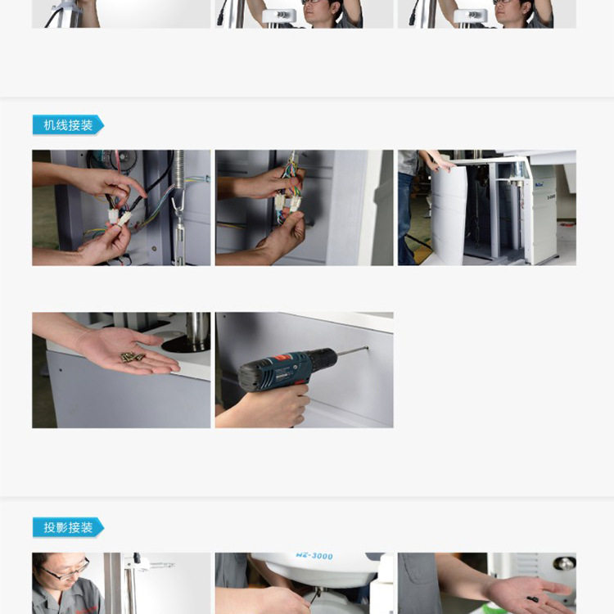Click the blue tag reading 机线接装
coord(68,125)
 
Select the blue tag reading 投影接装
coord(68,527)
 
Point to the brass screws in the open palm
coord(133,357)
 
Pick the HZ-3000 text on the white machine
coord(314,556)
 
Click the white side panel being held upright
coord(448,216)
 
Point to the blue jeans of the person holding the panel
coord(406,219)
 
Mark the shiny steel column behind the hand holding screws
coord(198,330)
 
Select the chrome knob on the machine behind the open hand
coord(564,563)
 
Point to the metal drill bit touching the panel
coord(352,350)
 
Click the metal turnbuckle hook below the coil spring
coord(178,227)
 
